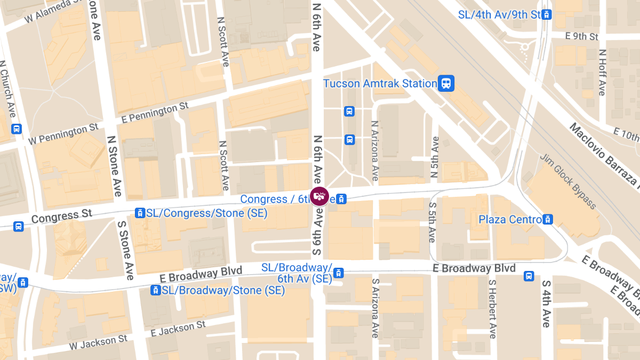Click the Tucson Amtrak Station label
tap(380, 84)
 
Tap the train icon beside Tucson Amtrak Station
tap(446, 83)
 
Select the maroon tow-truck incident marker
tap(319, 196)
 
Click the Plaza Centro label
tap(510, 219)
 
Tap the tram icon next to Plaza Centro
tap(547, 219)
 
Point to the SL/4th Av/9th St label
tap(499, 14)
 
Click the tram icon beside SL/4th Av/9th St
tap(546, 14)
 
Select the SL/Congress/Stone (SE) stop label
tap(207, 213)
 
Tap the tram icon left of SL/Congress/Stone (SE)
tap(140, 213)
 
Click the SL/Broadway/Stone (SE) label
tap(223, 290)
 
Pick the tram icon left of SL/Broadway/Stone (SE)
tap(155, 290)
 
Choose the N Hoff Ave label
tap(602, 73)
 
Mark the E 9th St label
tap(582, 36)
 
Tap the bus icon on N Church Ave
tap(17, 129)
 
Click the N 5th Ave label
tap(435, 157)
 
